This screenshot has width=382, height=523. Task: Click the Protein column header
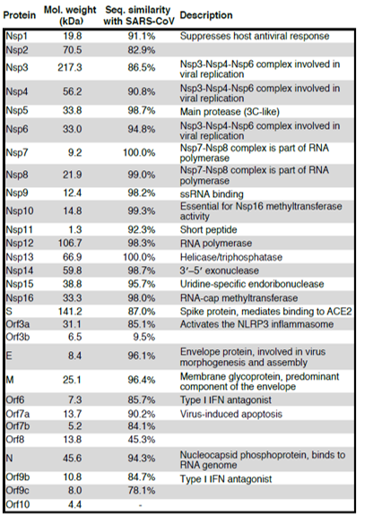(x=20, y=15)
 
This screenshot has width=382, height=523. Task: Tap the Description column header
(x=206, y=15)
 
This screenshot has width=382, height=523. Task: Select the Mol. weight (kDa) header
(x=70, y=15)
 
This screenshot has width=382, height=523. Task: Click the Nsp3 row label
(x=17, y=68)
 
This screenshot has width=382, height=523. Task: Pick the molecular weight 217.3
(x=70, y=67)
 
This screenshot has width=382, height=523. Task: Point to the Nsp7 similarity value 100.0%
(x=139, y=153)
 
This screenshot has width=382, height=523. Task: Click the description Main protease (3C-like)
(x=230, y=111)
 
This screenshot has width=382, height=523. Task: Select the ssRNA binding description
(x=212, y=193)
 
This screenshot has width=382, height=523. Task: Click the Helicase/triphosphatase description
(x=231, y=257)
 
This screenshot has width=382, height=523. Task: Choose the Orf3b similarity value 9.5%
(x=144, y=337)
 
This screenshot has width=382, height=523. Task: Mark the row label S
(x=9, y=311)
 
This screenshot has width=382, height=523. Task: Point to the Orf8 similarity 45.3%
(x=142, y=440)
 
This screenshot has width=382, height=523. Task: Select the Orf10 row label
(x=18, y=504)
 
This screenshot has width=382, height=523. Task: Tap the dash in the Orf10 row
(x=140, y=505)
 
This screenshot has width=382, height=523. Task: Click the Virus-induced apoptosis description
(x=231, y=414)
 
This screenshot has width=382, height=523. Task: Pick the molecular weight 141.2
(x=70, y=311)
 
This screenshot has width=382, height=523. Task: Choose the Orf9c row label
(x=17, y=491)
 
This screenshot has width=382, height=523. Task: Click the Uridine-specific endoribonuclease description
(x=252, y=284)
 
